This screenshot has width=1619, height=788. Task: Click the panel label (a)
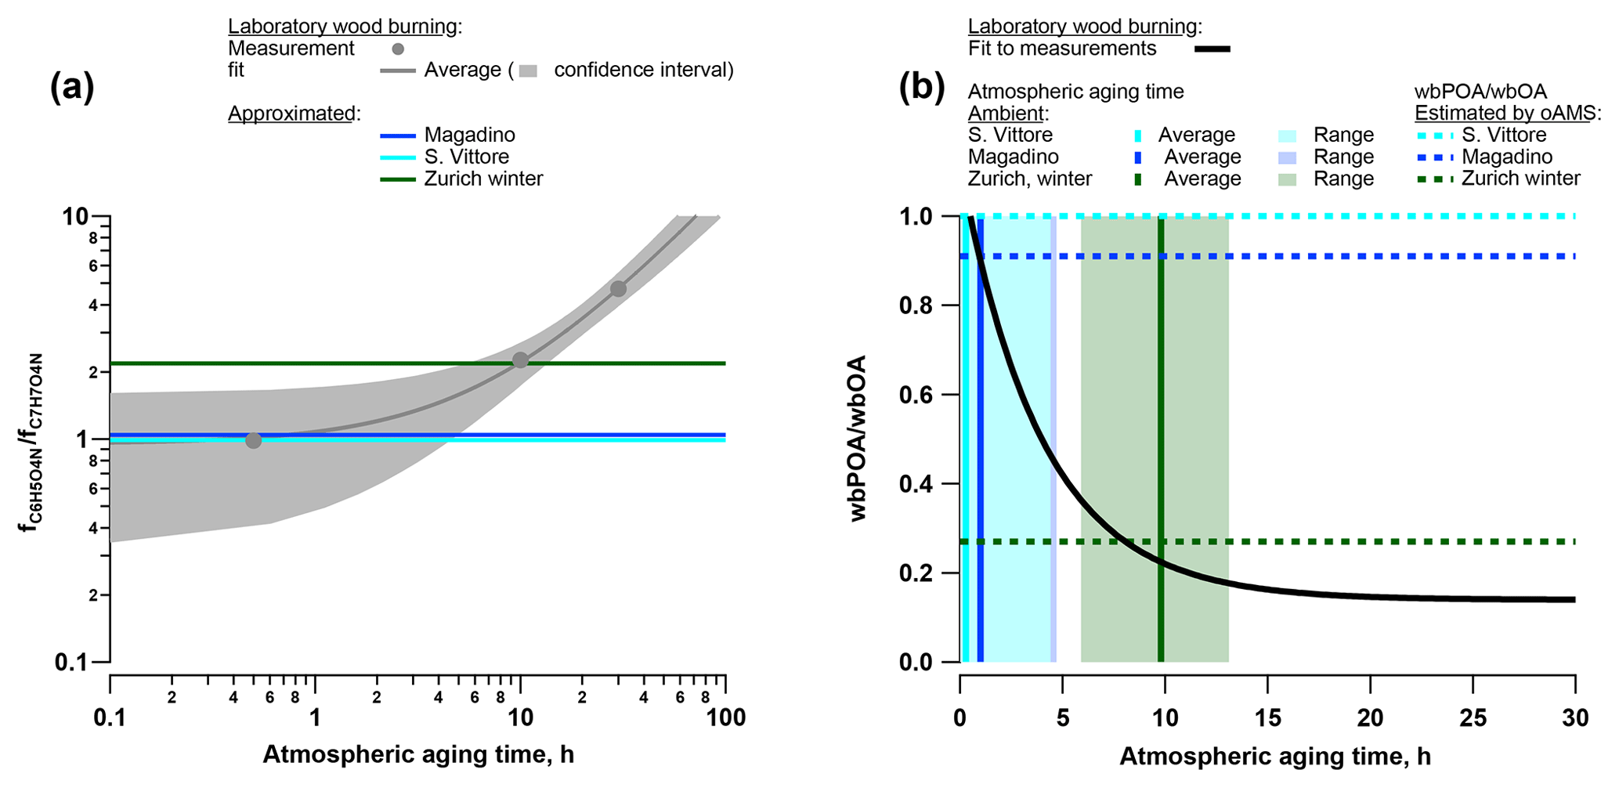click(72, 87)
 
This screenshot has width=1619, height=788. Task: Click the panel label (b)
click(921, 87)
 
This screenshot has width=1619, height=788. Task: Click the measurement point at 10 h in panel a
click(520, 360)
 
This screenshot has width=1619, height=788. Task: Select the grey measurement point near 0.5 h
click(253, 441)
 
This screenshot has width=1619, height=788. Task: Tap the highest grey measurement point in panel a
click(618, 289)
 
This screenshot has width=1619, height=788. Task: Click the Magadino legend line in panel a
click(398, 136)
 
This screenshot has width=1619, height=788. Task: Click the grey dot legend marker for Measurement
click(398, 49)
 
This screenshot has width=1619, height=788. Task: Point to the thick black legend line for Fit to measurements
click(1212, 49)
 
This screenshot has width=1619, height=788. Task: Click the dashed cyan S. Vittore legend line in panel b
click(1434, 136)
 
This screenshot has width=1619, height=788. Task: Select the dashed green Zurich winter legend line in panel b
click(1434, 179)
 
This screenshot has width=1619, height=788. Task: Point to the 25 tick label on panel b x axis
click(1473, 718)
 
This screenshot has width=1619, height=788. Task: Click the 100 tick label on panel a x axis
click(725, 718)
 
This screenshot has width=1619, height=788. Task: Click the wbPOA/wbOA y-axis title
click(858, 439)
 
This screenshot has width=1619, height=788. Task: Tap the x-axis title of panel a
click(418, 754)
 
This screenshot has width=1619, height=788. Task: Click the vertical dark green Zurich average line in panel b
click(1161, 470)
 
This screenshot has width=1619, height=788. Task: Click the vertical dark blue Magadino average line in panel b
click(980, 470)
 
